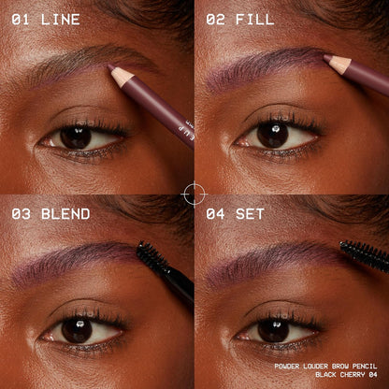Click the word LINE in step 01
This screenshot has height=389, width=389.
point(61,20)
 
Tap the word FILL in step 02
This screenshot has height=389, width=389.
point(255,20)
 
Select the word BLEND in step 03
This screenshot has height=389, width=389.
point(65,214)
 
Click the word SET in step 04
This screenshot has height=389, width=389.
point(250,214)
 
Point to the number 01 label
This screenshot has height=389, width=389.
point(21,20)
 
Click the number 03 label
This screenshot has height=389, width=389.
point(21,214)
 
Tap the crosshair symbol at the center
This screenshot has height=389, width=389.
point(194,194)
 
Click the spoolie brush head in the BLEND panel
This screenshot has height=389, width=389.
point(151,256)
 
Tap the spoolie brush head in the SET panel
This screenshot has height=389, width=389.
point(364,254)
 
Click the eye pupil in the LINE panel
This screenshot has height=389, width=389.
point(76,137)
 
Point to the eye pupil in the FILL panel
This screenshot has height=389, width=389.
point(273,135)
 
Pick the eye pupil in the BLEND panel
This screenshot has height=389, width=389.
point(77,330)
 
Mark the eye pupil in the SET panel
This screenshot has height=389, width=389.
point(273,330)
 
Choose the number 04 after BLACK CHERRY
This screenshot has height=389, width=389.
point(373,374)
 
